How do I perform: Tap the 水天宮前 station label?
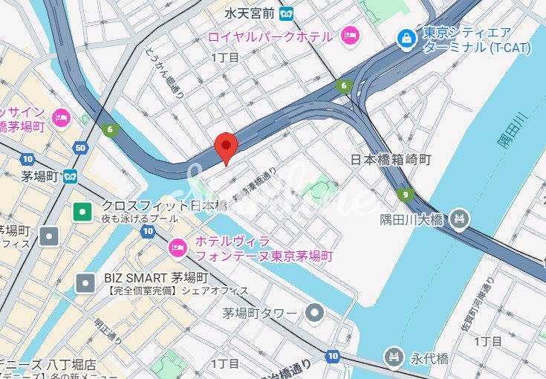pyautogui.click(x=251, y=13)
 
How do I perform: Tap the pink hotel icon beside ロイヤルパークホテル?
pyautogui.click(x=349, y=35)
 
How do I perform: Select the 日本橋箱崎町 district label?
pyautogui.click(x=391, y=160)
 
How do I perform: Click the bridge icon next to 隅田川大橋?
pyautogui.click(x=461, y=218)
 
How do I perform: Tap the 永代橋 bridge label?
pyautogui.click(x=431, y=358)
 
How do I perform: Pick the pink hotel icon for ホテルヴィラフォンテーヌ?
pyautogui.click(x=178, y=247)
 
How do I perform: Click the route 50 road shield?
pyautogui.click(x=80, y=149)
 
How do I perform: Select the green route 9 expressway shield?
pyautogui.click(x=404, y=195)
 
